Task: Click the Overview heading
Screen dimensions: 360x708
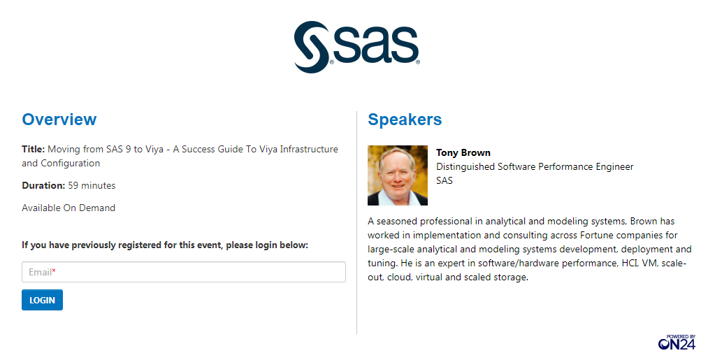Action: click(x=59, y=120)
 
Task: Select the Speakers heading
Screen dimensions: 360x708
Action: click(x=405, y=120)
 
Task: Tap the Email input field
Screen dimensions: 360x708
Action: click(x=183, y=272)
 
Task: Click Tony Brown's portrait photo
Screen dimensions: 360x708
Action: click(x=398, y=175)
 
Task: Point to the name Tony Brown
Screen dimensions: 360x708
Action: click(x=463, y=152)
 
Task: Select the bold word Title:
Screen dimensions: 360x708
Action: click(x=34, y=149)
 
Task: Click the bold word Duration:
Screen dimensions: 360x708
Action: click(x=43, y=185)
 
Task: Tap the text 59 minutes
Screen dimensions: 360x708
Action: click(x=92, y=185)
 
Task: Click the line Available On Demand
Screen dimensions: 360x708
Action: click(x=68, y=208)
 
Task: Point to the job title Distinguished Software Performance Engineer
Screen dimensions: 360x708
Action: click(x=535, y=166)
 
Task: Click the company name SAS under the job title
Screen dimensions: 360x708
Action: click(x=445, y=180)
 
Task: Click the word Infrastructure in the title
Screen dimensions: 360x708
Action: click(x=309, y=149)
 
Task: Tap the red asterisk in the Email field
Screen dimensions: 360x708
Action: click(x=54, y=271)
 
